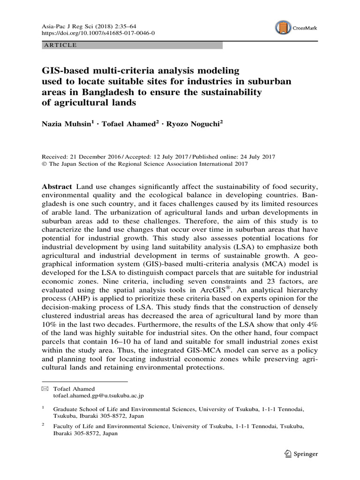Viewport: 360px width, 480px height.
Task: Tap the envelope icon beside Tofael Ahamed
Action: point(45,389)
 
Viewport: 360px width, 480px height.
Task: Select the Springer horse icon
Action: point(288,453)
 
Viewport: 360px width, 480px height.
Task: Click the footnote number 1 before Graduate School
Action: point(43,408)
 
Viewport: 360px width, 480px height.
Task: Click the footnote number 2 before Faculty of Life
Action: point(43,425)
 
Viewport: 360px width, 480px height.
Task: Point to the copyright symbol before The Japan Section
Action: point(45,164)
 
